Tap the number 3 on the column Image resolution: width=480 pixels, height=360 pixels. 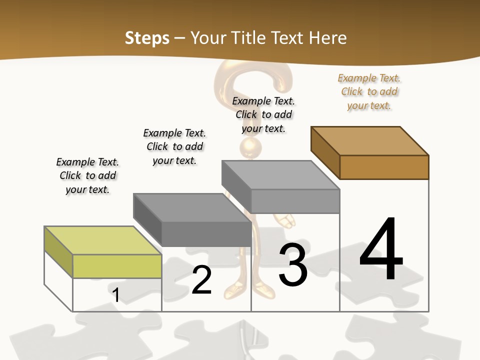[293, 264]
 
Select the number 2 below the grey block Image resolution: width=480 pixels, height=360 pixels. [202, 280]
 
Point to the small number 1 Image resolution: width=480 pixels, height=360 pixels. [116, 295]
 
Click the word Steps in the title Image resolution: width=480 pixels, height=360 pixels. [147, 38]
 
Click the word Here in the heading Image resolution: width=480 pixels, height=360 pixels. [328, 38]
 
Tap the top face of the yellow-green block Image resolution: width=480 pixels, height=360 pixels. [103, 240]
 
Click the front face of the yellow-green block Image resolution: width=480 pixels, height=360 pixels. [117, 266]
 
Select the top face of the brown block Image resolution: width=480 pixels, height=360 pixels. [370, 140]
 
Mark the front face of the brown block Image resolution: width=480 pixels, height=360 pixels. [384, 167]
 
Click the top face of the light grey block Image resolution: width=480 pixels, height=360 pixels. [281, 174]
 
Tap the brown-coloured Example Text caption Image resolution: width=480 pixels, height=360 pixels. [369, 91]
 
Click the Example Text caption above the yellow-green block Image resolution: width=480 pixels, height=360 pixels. [87, 175]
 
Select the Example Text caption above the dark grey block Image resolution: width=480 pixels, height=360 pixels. [174, 146]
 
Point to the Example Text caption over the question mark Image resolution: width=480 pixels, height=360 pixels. [263, 114]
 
